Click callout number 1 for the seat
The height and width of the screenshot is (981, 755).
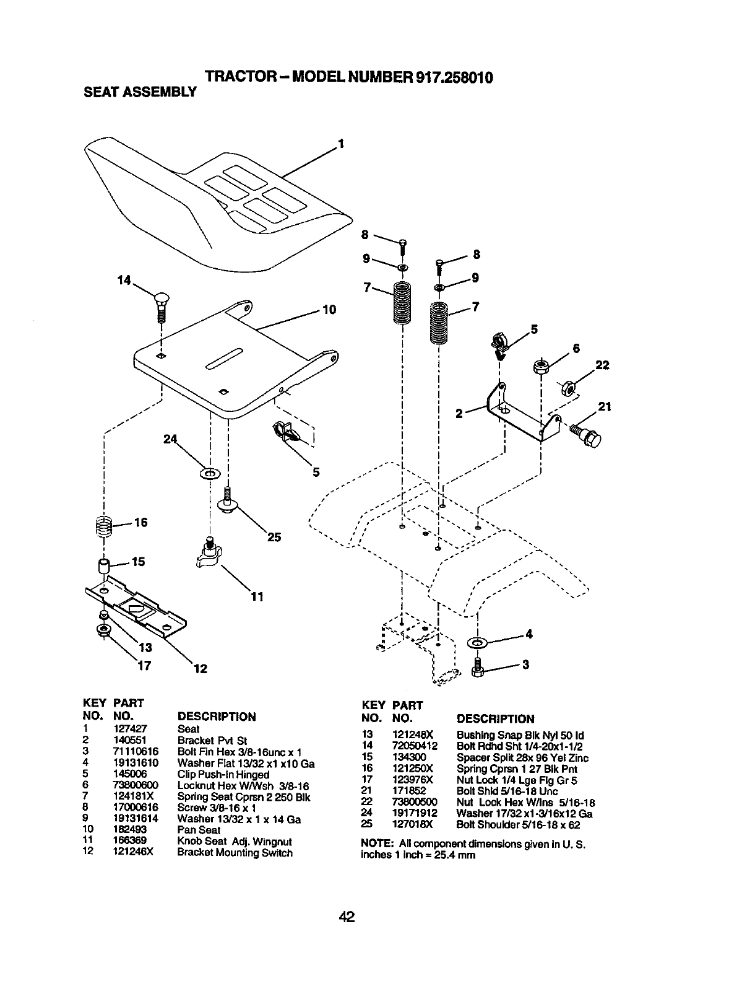click(340, 146)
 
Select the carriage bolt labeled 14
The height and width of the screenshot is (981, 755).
click(160, 305)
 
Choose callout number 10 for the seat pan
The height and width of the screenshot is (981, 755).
click(329, 309)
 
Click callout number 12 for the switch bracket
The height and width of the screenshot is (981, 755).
click(200, 669)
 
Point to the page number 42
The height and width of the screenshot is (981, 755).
click(346, 917)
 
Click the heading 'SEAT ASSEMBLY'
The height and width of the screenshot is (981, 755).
click(140, 92)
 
